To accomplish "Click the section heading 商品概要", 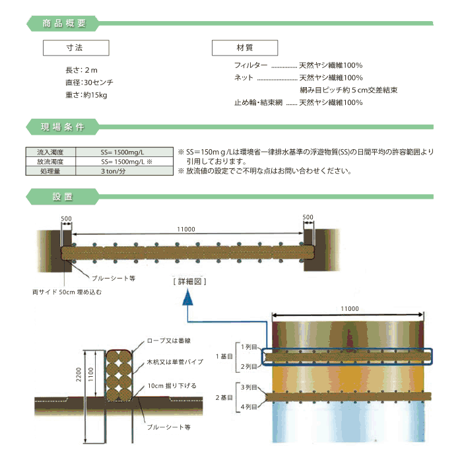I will point(63,24).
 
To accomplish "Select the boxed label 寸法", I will point(75,48).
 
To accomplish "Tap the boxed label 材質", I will point(244,48).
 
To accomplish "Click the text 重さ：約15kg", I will point(86,94).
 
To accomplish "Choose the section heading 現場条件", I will point(63,127).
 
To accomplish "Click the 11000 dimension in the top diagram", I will point(185,229).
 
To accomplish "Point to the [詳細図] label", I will point(189,281).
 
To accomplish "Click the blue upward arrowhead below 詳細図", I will point(189,300).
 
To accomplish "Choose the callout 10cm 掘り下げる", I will point(172,385).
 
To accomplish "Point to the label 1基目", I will point(223,356).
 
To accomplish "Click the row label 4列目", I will point(249,409).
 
